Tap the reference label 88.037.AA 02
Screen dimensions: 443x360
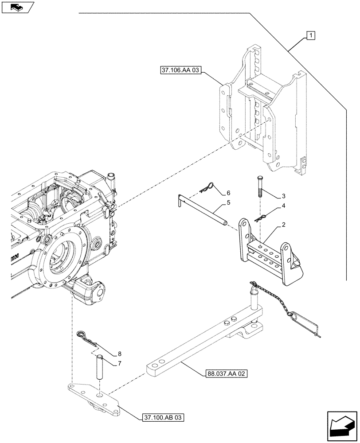[x=226, y=373]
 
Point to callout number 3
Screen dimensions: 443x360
[x=282, y=196]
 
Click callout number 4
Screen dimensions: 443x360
[x=282, y=207]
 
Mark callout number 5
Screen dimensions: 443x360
[x=229, y=202]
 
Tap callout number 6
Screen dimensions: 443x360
[x=229, y=193]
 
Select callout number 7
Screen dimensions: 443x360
[x=120, y=363]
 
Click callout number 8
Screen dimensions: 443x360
[x=120, y=354]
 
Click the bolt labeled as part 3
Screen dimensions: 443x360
[x=259, y=187]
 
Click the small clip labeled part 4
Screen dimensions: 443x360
[x=261, y=217]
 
